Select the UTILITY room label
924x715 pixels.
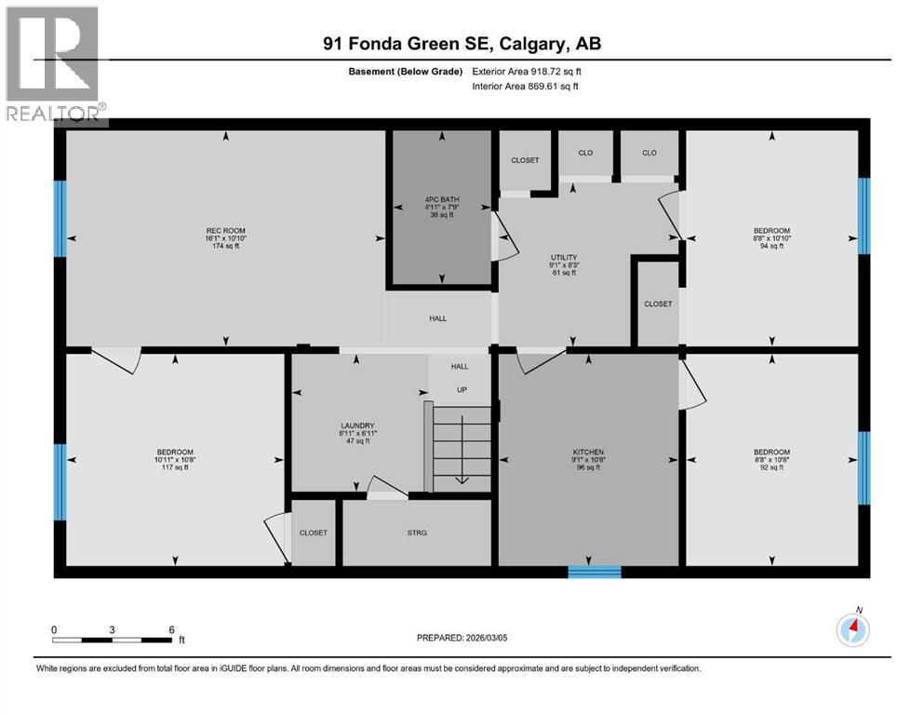[x=564, y=264]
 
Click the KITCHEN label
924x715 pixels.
[x=588, y=459]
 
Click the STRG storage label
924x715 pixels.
[x=416, y=533]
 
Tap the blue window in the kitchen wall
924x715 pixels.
[x=595, y=572]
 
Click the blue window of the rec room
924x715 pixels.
[x=60, y=218]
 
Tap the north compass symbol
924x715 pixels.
[x=852, y=629]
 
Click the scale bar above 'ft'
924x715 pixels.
[x=113, y=640]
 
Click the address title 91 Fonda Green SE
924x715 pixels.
[x=462, y=44]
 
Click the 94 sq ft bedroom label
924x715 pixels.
[x=771, y=237]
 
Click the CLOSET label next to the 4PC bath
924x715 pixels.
[x=525, y=160]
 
